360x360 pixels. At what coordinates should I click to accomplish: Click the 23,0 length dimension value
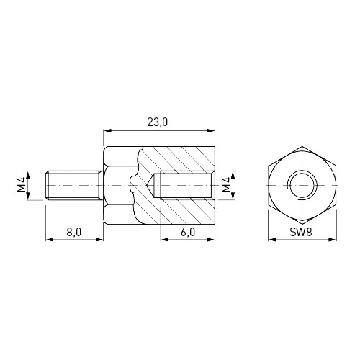point(158,122)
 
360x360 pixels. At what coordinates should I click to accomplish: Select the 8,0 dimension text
point(74,232)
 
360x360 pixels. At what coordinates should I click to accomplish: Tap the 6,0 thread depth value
point(188,232)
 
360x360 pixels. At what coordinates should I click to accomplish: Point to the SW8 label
point(301,232)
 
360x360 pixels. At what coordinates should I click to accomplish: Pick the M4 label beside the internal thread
point(226,185)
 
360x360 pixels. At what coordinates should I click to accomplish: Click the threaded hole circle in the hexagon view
point(302,185)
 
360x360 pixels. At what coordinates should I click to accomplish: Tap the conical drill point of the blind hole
point(150,185)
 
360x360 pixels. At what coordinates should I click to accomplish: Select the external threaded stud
point(74,185)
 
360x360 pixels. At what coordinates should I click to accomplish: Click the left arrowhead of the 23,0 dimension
point(107,130)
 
